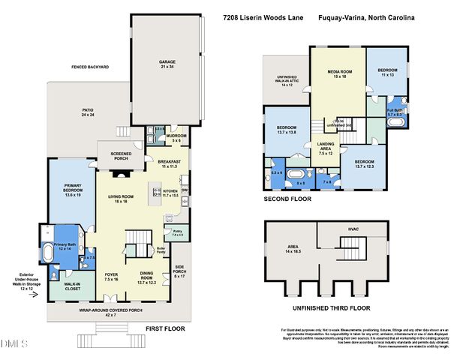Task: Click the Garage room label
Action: point(167,64)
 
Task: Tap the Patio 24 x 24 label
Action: point(88,112)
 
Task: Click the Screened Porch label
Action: point(116,156)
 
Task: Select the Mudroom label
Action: point(176,137)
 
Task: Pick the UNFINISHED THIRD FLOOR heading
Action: point(330,307)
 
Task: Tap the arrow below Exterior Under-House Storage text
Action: point(31,295)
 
